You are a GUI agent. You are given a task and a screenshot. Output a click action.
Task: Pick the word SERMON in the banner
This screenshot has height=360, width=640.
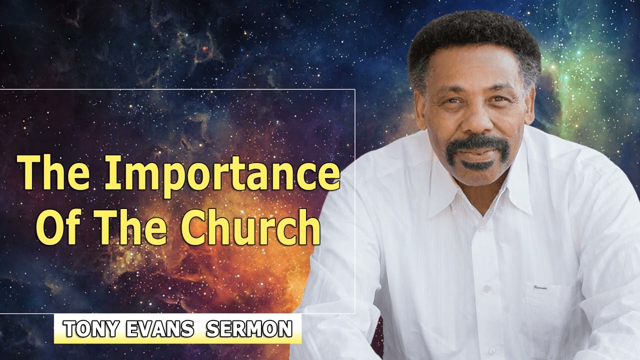(249, 329)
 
